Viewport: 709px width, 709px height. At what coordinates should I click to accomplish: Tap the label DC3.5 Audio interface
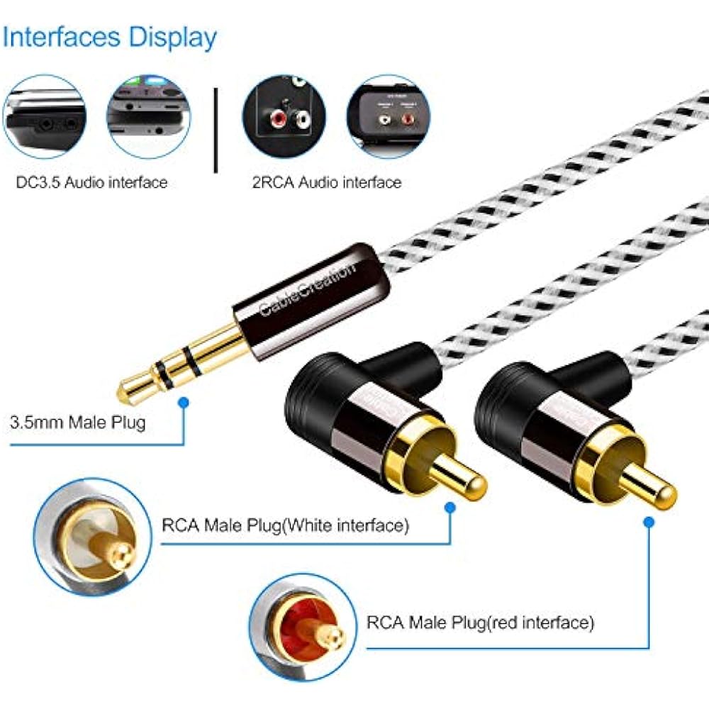(91, 182)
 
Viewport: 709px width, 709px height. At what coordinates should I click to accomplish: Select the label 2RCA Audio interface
(326, 182)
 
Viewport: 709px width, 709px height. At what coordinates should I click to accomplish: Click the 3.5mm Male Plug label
(77, 423)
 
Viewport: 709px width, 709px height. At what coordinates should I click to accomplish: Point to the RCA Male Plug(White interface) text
(286, 526)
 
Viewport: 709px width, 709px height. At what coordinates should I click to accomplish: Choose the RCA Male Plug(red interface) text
(480, 623)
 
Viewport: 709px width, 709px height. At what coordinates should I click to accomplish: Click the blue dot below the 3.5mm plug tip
(184, 403)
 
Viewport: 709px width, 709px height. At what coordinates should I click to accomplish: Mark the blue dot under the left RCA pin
(450, 508)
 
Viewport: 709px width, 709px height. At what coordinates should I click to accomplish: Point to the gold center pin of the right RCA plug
(649, 489)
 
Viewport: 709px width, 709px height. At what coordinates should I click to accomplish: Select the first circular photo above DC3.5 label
(44, 116)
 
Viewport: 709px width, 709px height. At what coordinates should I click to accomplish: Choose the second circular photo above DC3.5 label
(148, 116)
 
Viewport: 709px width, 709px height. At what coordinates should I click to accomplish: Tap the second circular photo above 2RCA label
(389, 116)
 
